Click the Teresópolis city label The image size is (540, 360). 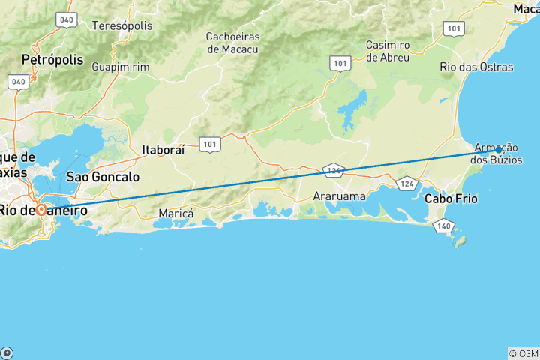[121, 25]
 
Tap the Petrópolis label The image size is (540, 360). [52, 58]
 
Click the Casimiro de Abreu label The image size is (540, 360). [387, 51]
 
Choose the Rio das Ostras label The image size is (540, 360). [476, 67]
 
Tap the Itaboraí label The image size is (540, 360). [165, 150]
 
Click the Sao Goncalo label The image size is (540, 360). [103, 178]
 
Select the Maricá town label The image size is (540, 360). [176, 214]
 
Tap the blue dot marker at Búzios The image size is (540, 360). [498, 150]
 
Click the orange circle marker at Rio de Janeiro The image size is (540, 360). [41, 210]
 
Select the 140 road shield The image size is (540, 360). [444, 225]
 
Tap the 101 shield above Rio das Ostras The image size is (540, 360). [452, 28]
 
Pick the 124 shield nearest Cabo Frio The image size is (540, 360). [407, 183]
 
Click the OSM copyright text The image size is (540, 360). [523, 353]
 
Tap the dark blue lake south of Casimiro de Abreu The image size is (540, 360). [352, 110]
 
